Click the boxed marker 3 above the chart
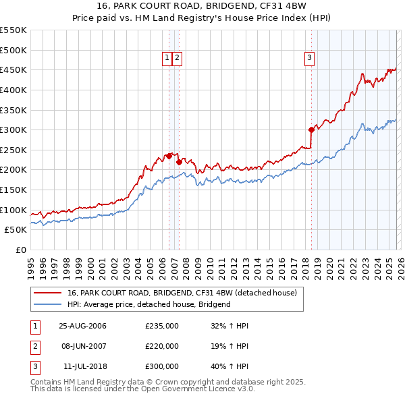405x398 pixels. tap(309, 59)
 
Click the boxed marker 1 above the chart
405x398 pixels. tap(166, 59)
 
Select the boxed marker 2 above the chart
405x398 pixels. tap(177, 59)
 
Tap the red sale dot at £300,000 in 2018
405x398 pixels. tap(311, 130)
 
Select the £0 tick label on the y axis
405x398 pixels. tap(22, 250)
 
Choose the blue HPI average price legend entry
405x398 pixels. tap(149, 304)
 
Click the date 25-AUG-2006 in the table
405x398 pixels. tap(82, 326)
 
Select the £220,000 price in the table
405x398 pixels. tap(162, 346)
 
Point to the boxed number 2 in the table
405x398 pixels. tap(34, 346)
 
